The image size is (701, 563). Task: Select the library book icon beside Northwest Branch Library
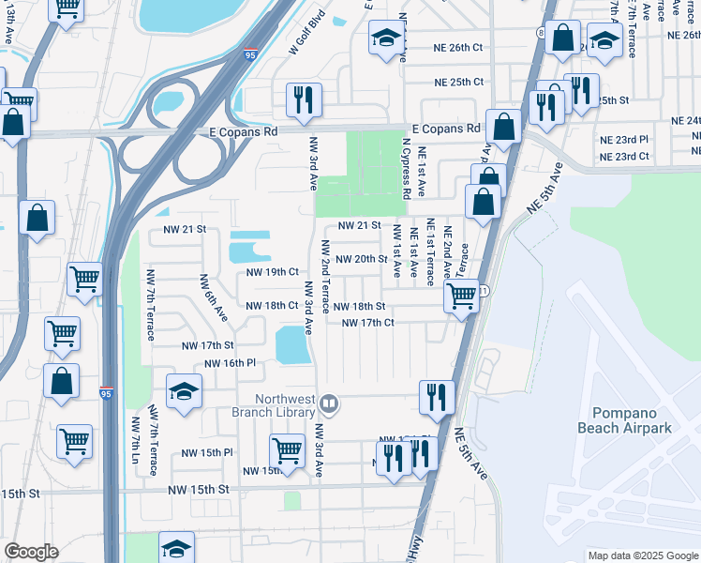(x=329, y=405)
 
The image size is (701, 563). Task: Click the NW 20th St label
(x=361, y=259)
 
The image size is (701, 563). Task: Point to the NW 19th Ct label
(x=272, y=272)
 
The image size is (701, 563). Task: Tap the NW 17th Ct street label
(x=368, y=324)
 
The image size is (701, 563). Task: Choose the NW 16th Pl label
(x=230, y=363)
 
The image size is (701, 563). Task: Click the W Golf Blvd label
(x=306, y=34)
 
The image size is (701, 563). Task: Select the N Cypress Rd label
(x=406, y=170)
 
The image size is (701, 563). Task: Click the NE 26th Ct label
(x=458, y=47)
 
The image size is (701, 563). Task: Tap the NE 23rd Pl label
(x=623, y=139)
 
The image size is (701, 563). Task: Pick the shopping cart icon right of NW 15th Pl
(x=287, y=449)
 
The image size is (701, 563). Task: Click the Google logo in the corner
(x=31, y=552)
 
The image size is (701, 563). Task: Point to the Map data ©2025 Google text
(x=643, y=555)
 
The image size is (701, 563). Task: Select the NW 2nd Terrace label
(x=325, y=277)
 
